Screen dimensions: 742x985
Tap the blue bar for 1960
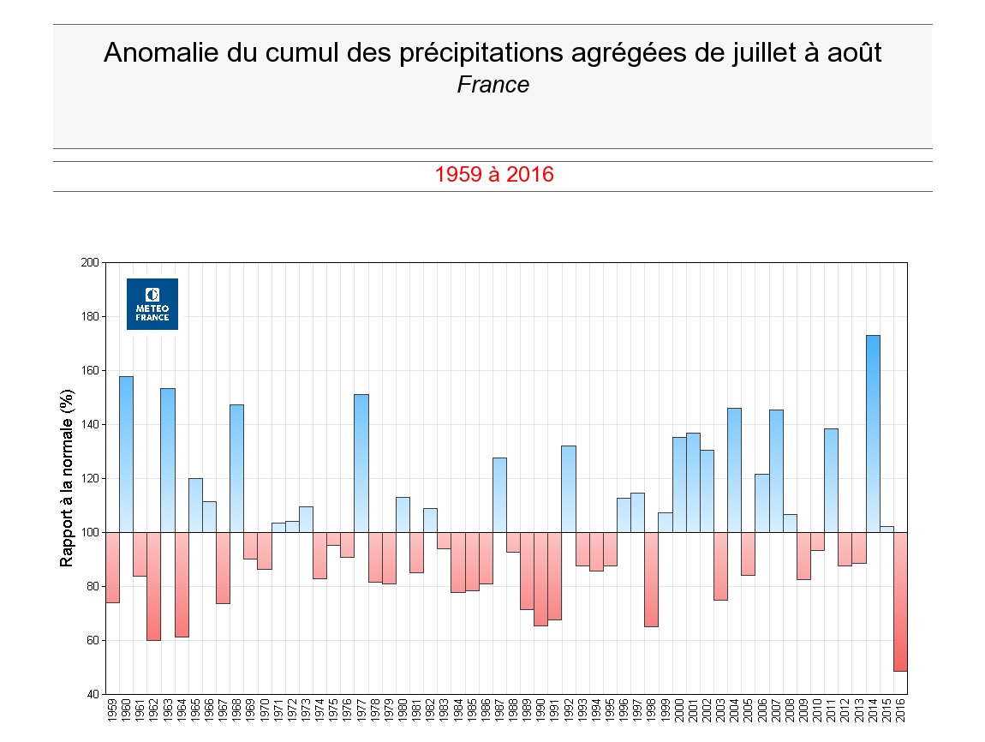coord(126,454)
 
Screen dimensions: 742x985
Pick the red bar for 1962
coord(153,586)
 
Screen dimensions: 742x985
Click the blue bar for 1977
coord(361,463)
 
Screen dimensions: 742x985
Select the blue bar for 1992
coord(569,488)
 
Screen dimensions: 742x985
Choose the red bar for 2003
coord(720,565)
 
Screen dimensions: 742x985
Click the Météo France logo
coord(152,303)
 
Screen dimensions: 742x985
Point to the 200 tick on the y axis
coord(90,262)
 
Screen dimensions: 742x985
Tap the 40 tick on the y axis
coord(93,694)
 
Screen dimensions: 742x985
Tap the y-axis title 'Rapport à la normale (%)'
coord(66,478)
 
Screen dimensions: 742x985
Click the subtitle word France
coord(493,85)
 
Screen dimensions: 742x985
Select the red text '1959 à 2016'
coord(494,175)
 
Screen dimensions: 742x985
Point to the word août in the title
coord(854,53)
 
